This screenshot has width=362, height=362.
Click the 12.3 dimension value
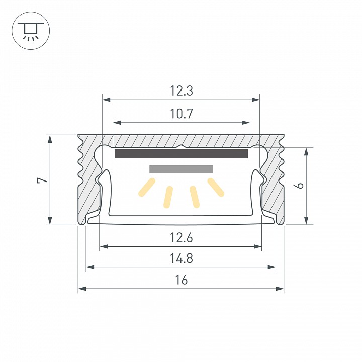(x=182, y=91)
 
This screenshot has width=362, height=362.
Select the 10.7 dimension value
(x=182, y=114)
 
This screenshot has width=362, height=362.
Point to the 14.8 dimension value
(x=182, y=259)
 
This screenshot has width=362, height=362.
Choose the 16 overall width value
(x=182, y=280)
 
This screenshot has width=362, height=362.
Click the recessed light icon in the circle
(x=31, y=30)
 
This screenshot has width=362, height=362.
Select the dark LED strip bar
(x=182, y=154)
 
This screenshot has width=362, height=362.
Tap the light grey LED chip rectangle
(x=182, y=169)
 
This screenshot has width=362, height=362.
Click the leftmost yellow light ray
(x=145, y=187)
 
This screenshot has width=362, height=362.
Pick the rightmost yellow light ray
(x=216, y=187)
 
